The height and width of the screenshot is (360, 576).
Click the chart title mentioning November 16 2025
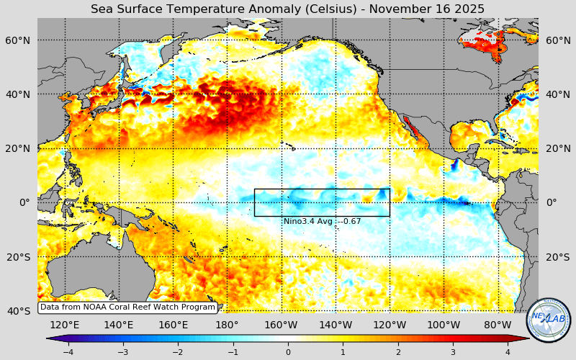(x=287, y=9)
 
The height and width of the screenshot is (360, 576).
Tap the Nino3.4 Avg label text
(x=322, y=221)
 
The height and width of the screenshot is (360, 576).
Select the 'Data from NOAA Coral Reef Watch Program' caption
(x=127, y=307)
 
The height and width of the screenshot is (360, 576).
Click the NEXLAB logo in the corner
(x=549, y=320)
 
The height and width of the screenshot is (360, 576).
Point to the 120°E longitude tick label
(x=65, y=325)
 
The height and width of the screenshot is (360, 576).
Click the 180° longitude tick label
(x=227, y=325)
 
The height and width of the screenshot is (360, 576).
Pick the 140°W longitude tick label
(x=336, y=325)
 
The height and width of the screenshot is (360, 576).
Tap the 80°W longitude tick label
(x=498, y=325)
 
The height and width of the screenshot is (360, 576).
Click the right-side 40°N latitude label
(x=557, y=94)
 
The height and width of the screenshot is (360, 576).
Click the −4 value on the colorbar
(x=68, y=352)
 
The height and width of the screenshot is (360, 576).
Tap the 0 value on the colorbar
(x=288, y=352)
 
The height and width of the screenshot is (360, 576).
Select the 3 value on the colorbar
(x=453, y=352)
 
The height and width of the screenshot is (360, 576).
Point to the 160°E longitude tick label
(x=173, y=325)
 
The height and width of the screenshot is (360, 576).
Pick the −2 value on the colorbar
(x=178, y=352)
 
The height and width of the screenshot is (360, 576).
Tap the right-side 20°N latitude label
(x=557, y=148)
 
